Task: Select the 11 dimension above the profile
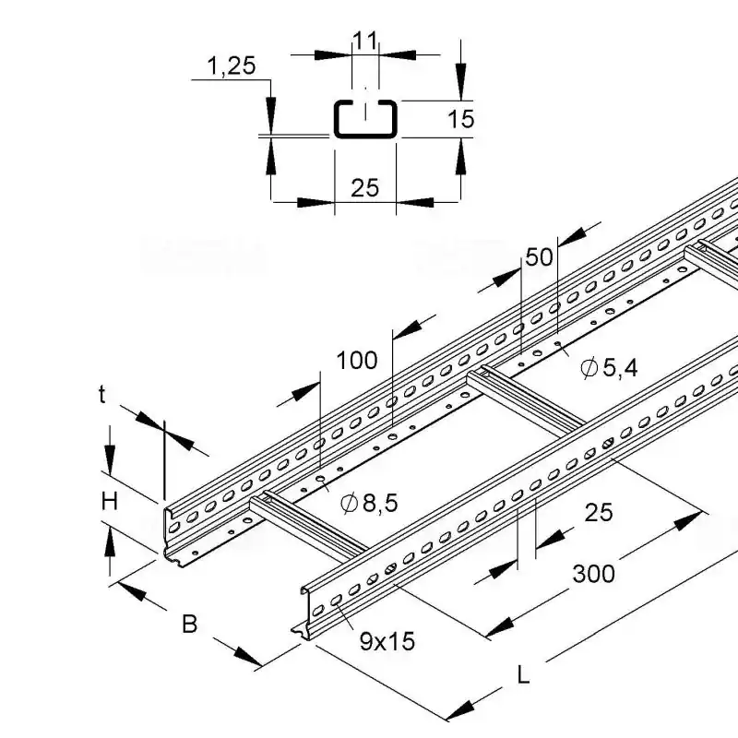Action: click(x=365, y=40)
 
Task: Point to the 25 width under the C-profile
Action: click(x=365, y=187)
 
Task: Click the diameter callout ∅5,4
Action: click(x=609, y=369)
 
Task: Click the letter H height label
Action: click(x=110, y=501)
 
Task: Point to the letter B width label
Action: click(x=189, y=625)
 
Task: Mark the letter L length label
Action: click(x=523, y=675)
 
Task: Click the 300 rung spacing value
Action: click(x=593, y=573)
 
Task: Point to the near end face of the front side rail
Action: click(x=308, y=608)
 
